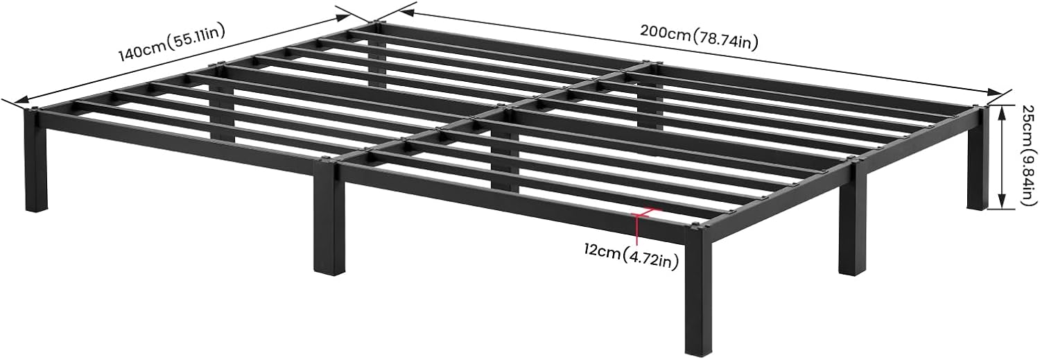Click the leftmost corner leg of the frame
(34, 163)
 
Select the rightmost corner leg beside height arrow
(977, 160)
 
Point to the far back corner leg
(376, 55)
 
